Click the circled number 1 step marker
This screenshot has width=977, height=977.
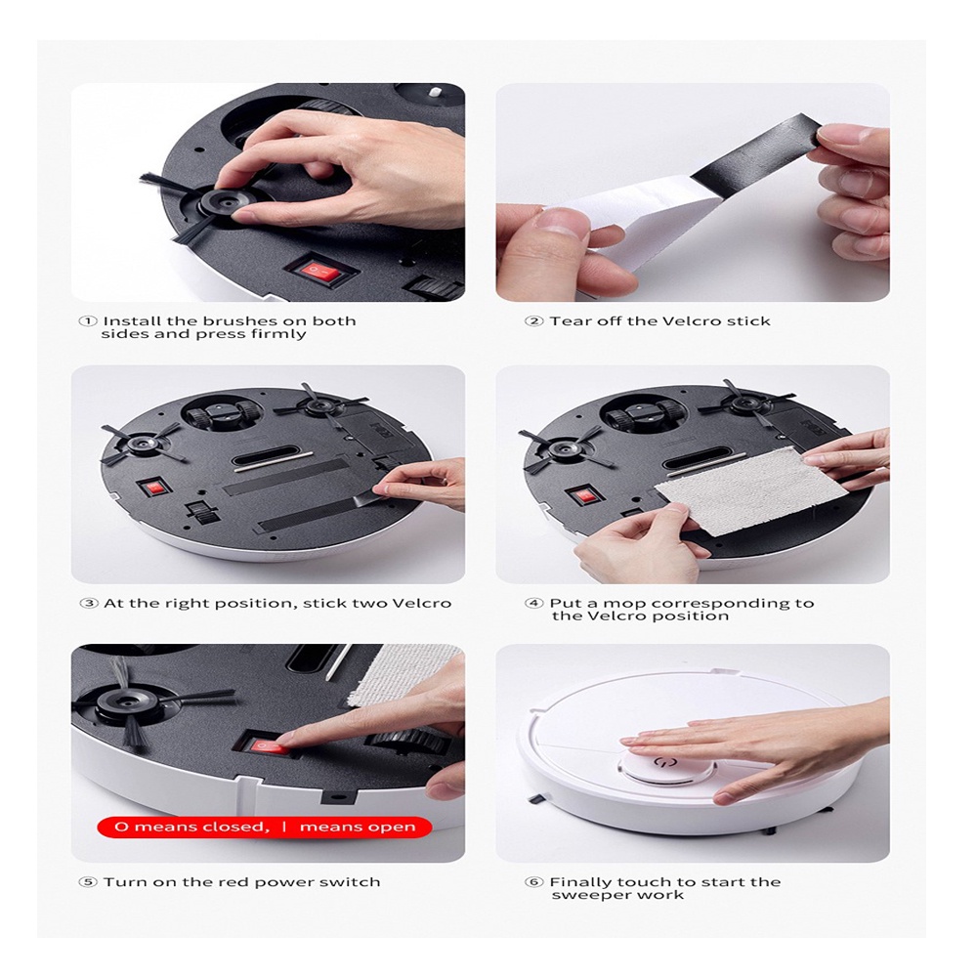pyautogui.click(x=88, y=321)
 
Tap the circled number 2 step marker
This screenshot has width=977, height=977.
pyautogui.click(x=534, y=321)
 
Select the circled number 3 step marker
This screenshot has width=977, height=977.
pyautogui.click(x=90, y=604)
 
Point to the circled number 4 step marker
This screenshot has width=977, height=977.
pyautogui.click(x=534, y=604)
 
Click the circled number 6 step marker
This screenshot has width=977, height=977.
pyautogui.click(x=534, y=882)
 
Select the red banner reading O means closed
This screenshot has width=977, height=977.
pyautogui.click(x=264, y=827)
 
